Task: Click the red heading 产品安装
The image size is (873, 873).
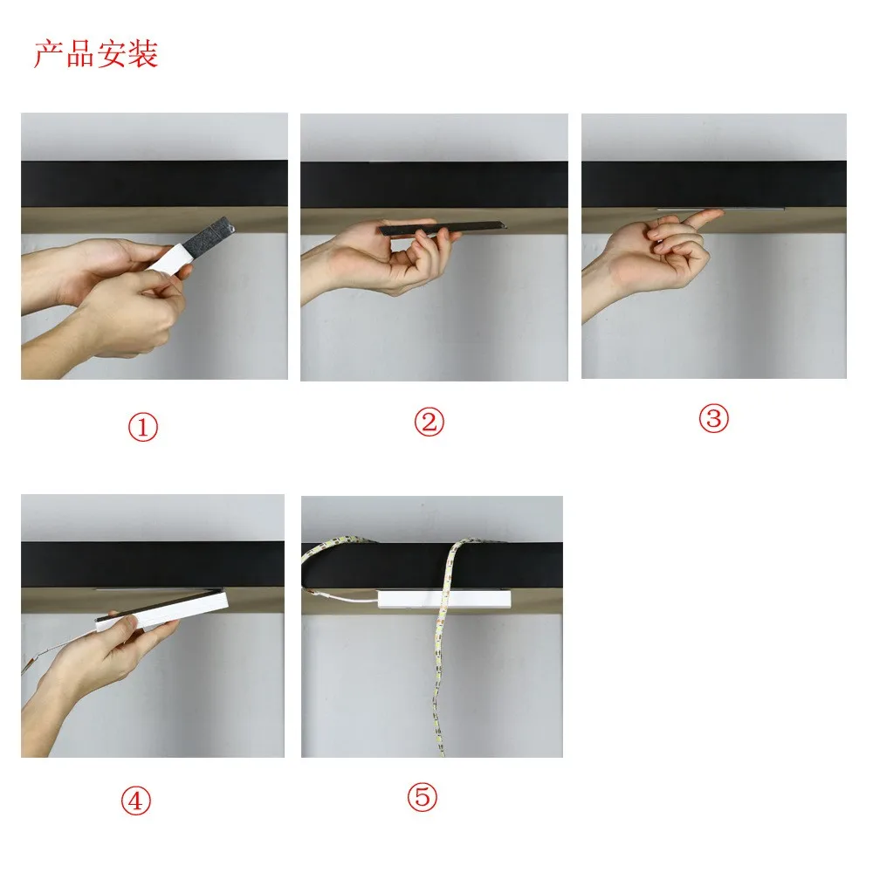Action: coord(96,54)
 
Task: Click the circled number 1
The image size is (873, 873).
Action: coord(143,427)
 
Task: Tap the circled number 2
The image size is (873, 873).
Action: coord(430,422)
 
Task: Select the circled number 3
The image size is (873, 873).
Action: coord(714,418)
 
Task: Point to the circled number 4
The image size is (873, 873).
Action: coord(136,801)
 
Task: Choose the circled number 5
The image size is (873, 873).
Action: coord(422,797)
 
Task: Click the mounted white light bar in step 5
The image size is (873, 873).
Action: coord(443,599)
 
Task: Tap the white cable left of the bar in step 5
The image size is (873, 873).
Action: coord(340,597)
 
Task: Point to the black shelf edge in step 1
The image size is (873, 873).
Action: coord(155,183)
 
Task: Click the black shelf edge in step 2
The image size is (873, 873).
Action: coord(434,185)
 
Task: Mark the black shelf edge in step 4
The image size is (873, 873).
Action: coord(153,564)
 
